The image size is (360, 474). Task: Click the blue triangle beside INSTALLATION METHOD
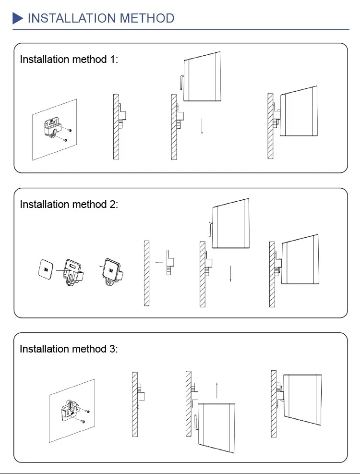tap(18, 19)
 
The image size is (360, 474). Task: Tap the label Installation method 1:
tap(69, 60)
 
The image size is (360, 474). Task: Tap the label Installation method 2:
tap(69, 204)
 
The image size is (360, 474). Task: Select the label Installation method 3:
tap(69, 349)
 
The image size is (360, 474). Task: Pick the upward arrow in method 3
tap(217, 389)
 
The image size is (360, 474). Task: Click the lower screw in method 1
tap(65, 140)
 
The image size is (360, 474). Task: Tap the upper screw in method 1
tap(70, 130)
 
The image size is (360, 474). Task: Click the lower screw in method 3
tap(83, 421)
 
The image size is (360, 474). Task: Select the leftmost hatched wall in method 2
tap(147, 272)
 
